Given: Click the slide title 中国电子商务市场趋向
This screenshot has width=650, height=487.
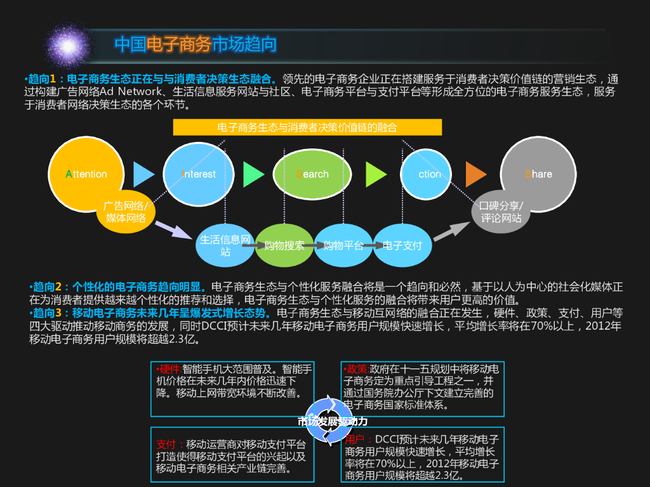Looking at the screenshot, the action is [196, 44].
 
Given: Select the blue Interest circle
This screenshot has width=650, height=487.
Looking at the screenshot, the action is [199, 174].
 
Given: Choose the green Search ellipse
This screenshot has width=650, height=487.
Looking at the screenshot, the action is [312, 174].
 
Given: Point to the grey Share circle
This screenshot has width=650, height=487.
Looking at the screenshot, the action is [538, 173].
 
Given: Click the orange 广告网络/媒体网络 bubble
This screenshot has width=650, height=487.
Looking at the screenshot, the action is [126, 212].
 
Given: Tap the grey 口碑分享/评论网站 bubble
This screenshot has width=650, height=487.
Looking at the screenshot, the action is [501, 212].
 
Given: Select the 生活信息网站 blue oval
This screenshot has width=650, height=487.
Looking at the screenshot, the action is [225, 245].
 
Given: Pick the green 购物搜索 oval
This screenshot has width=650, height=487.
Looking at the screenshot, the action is [284, 245].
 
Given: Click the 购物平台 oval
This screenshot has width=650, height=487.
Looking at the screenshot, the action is [343, 245].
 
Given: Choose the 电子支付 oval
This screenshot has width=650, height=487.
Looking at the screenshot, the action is [402, 245].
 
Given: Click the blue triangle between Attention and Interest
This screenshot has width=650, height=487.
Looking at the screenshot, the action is [143, 174].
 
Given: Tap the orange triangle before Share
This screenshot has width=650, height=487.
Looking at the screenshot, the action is [475, 174].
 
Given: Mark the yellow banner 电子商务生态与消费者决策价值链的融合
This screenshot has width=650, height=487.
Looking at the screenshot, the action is [307, 127].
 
